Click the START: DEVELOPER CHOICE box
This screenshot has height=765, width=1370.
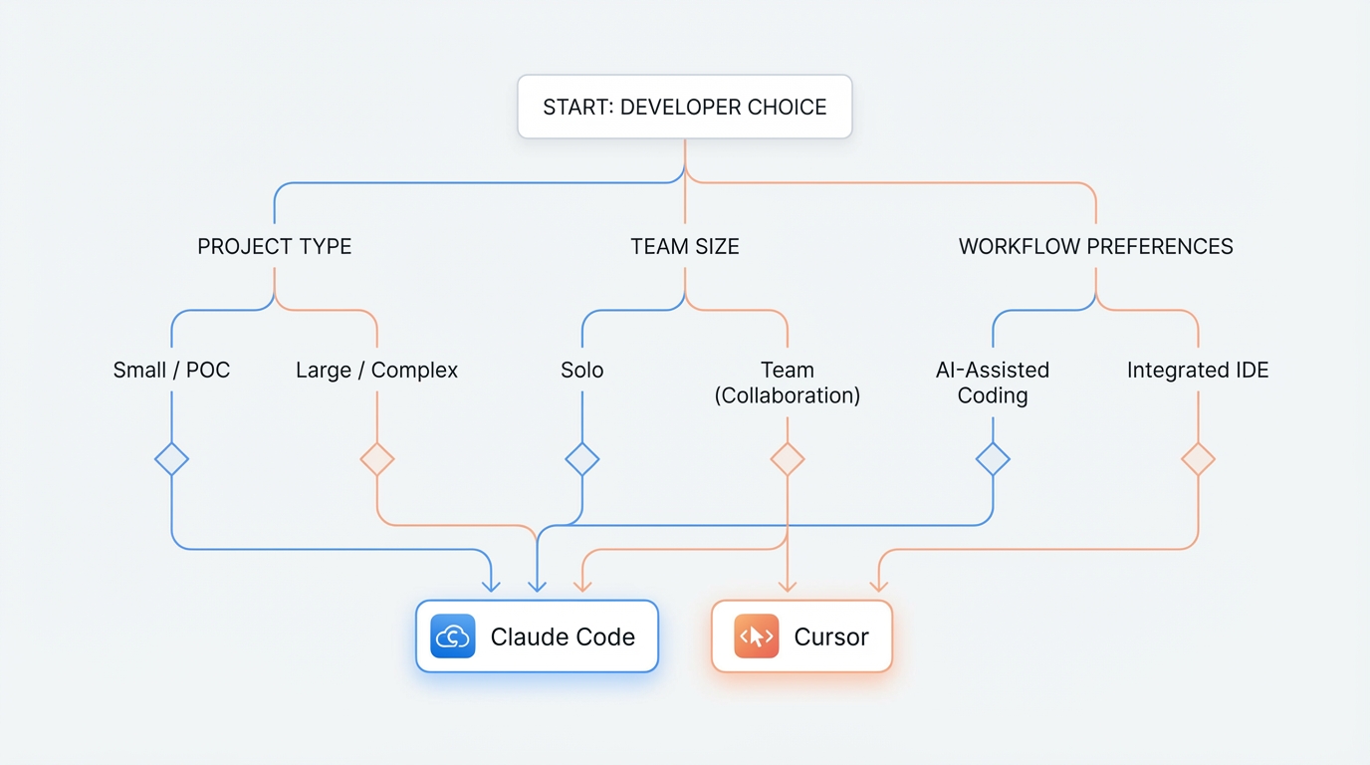click(684, 107)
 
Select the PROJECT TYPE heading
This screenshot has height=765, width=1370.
click(274, 246)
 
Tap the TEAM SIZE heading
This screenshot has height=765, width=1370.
click(684, 246)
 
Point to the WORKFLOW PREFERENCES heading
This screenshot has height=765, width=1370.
click(1095, 246)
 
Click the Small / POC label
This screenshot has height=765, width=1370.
click(171, 371)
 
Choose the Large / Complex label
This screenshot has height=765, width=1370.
click(376, 371)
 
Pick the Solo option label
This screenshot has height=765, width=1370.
click(581, 371)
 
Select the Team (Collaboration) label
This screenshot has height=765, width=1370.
click(787, 382)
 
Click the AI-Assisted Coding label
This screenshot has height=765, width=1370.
click(992, 382)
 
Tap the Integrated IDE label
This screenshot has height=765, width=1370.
click(1198, 371)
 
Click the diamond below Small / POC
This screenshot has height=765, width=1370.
click(171, 459)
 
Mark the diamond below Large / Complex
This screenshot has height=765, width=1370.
click(376, 459)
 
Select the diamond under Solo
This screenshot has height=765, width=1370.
click(581, 459)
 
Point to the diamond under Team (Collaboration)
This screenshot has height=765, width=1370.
click(787, 459)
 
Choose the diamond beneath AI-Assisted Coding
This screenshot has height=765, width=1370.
click(992, 459)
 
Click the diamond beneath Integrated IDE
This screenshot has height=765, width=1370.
click(1198, 459)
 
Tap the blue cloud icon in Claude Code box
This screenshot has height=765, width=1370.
click(452, 637)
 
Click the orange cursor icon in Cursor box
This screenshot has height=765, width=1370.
click(756, 637)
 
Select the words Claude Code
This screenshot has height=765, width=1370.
click(563, 637)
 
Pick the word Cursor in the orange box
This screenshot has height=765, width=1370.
click(830, 637)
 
